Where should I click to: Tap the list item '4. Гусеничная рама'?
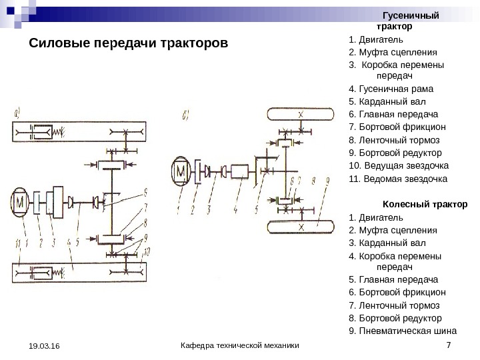pos(391,88)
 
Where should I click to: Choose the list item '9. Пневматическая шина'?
pos(403,331)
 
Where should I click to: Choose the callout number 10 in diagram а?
pos(147,251)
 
